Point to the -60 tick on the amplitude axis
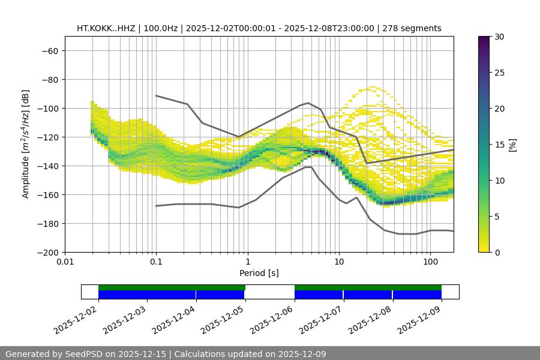[49, 50]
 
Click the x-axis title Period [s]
[259, 273]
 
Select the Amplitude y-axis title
[26, 144]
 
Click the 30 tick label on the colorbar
[499, 37]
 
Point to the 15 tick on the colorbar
[499, 145]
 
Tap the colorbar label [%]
[512, 145]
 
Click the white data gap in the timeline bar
[270, 292]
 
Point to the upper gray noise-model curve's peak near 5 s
[308, 103]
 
